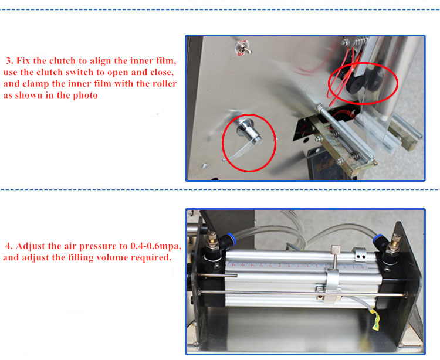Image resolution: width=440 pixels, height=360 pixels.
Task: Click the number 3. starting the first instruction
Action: [x=9, y=60]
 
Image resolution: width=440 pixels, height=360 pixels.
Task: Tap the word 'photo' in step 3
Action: [x=83, y=96]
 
